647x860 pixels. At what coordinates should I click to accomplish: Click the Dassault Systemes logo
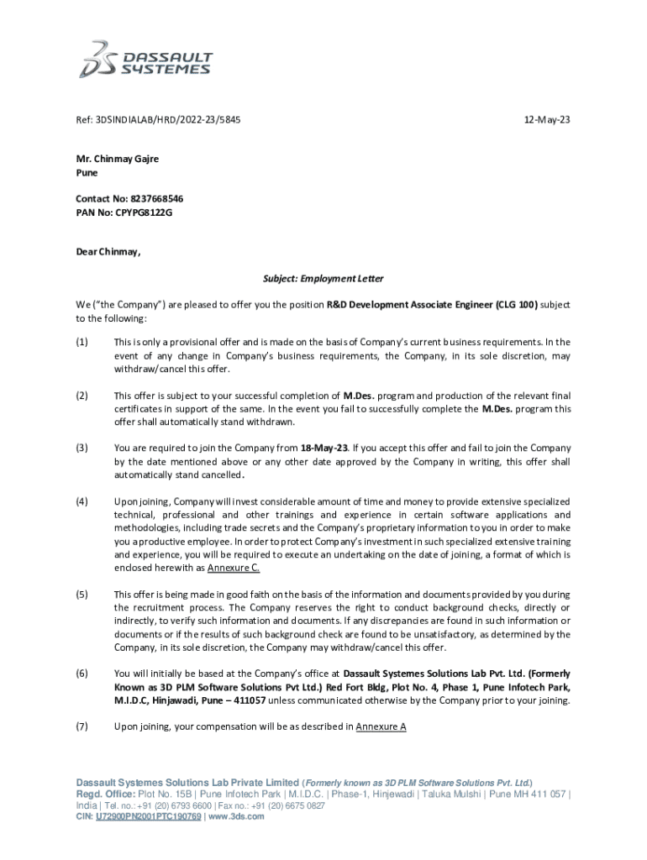pos(147,58)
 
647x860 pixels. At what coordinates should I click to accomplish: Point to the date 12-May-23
pos(547,120)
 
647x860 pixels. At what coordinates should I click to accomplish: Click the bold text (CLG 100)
pos(517,305)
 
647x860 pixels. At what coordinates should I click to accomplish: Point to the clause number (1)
pos(82,342)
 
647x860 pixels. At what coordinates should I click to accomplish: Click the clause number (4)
pos(82,501)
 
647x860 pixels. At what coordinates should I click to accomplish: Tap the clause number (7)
pos(82,726)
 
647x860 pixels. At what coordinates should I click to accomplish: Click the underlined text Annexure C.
pos(234,569)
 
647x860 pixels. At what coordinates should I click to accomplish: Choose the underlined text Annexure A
pos(381,726)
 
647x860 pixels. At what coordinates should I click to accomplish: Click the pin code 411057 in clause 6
pos(247,700)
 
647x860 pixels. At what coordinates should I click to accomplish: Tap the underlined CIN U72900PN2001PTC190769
pos(149,815)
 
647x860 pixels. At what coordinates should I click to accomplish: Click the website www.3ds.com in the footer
pos(236,815)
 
